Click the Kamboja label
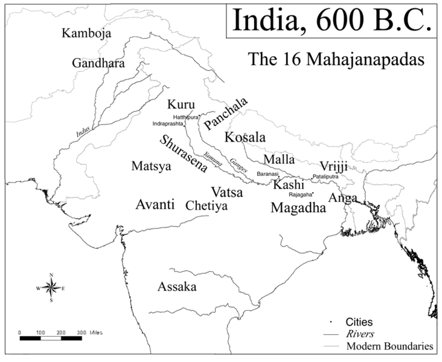pyautogui.click(x=86, y=33)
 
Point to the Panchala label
pyautogui.click(x=226, y=114)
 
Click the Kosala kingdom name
pyautogui.click(x=245, y=137)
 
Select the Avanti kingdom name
pyautogui.click(x=155, y=204)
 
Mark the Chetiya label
pyautogui.click(x=207, y=205)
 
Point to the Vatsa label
pyautogui.click(x=227, y=193)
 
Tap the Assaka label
pyautogui.click(x=177, y=286)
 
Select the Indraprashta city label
pyautogui.click(x=168, y=123)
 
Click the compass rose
pyautogui.click(x=51, y=288)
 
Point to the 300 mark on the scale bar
pyautogui.click(x=81, y=332)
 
